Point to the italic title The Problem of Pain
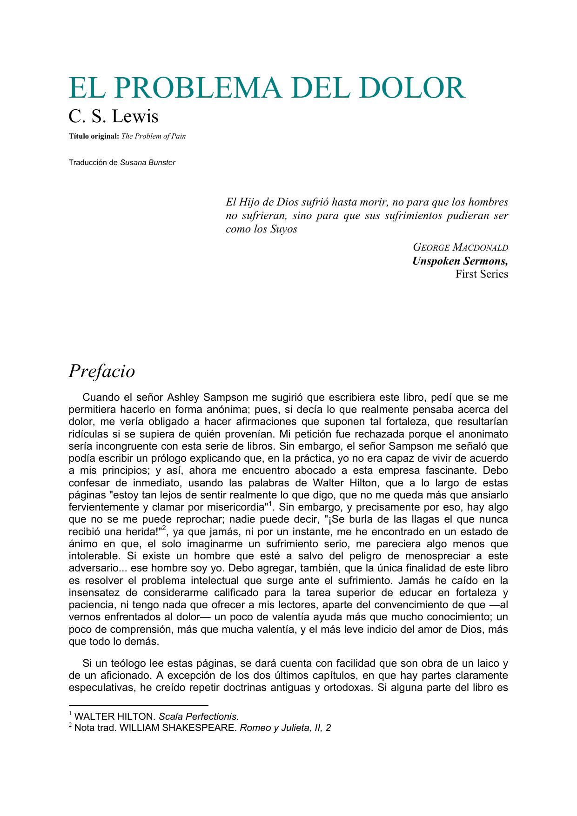click(154, 136)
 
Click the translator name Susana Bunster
click(148, 163)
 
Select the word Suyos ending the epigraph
click(283, 229)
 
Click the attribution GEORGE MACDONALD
click(460, 247)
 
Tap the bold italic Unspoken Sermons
click(460, 261)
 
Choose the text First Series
click(482, 274)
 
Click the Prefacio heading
click(102, 371)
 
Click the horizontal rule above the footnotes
click(138, 705)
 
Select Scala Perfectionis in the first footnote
click(199, 716)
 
